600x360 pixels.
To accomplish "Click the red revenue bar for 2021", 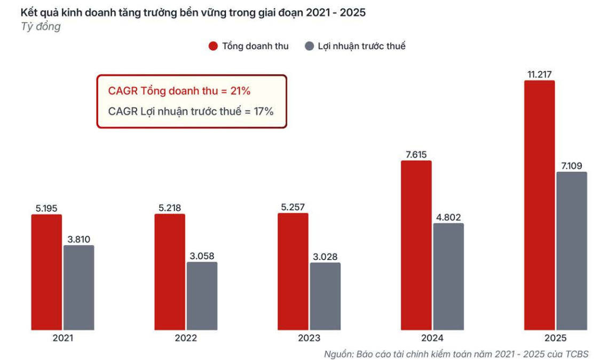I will click(x=46, y=272).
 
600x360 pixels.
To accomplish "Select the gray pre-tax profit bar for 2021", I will click(x=79, y=287).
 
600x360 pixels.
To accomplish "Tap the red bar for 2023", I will click(x=293, y=271).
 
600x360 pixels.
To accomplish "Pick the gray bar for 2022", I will click(x=202, y=296).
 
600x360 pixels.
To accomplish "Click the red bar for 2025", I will click(x=539, y=205).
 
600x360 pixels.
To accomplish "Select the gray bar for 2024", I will click(x=448, y=276).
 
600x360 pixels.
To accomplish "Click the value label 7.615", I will click(x=416, y=155).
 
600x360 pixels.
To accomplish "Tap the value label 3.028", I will click(x=325, y=257).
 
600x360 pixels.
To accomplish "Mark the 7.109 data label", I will click(x=572, y=166).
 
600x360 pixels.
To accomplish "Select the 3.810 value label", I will click(x=79, y=239).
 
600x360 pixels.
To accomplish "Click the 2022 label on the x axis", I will click(x=186, y=338).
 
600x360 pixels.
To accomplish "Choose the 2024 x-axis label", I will click(x=432, y=338).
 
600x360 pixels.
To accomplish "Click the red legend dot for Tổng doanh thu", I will click(x=213, y=46).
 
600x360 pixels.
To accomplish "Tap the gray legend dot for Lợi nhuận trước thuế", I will click(x=309, y=46).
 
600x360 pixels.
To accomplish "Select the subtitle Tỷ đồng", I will click(x=40, y=27).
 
